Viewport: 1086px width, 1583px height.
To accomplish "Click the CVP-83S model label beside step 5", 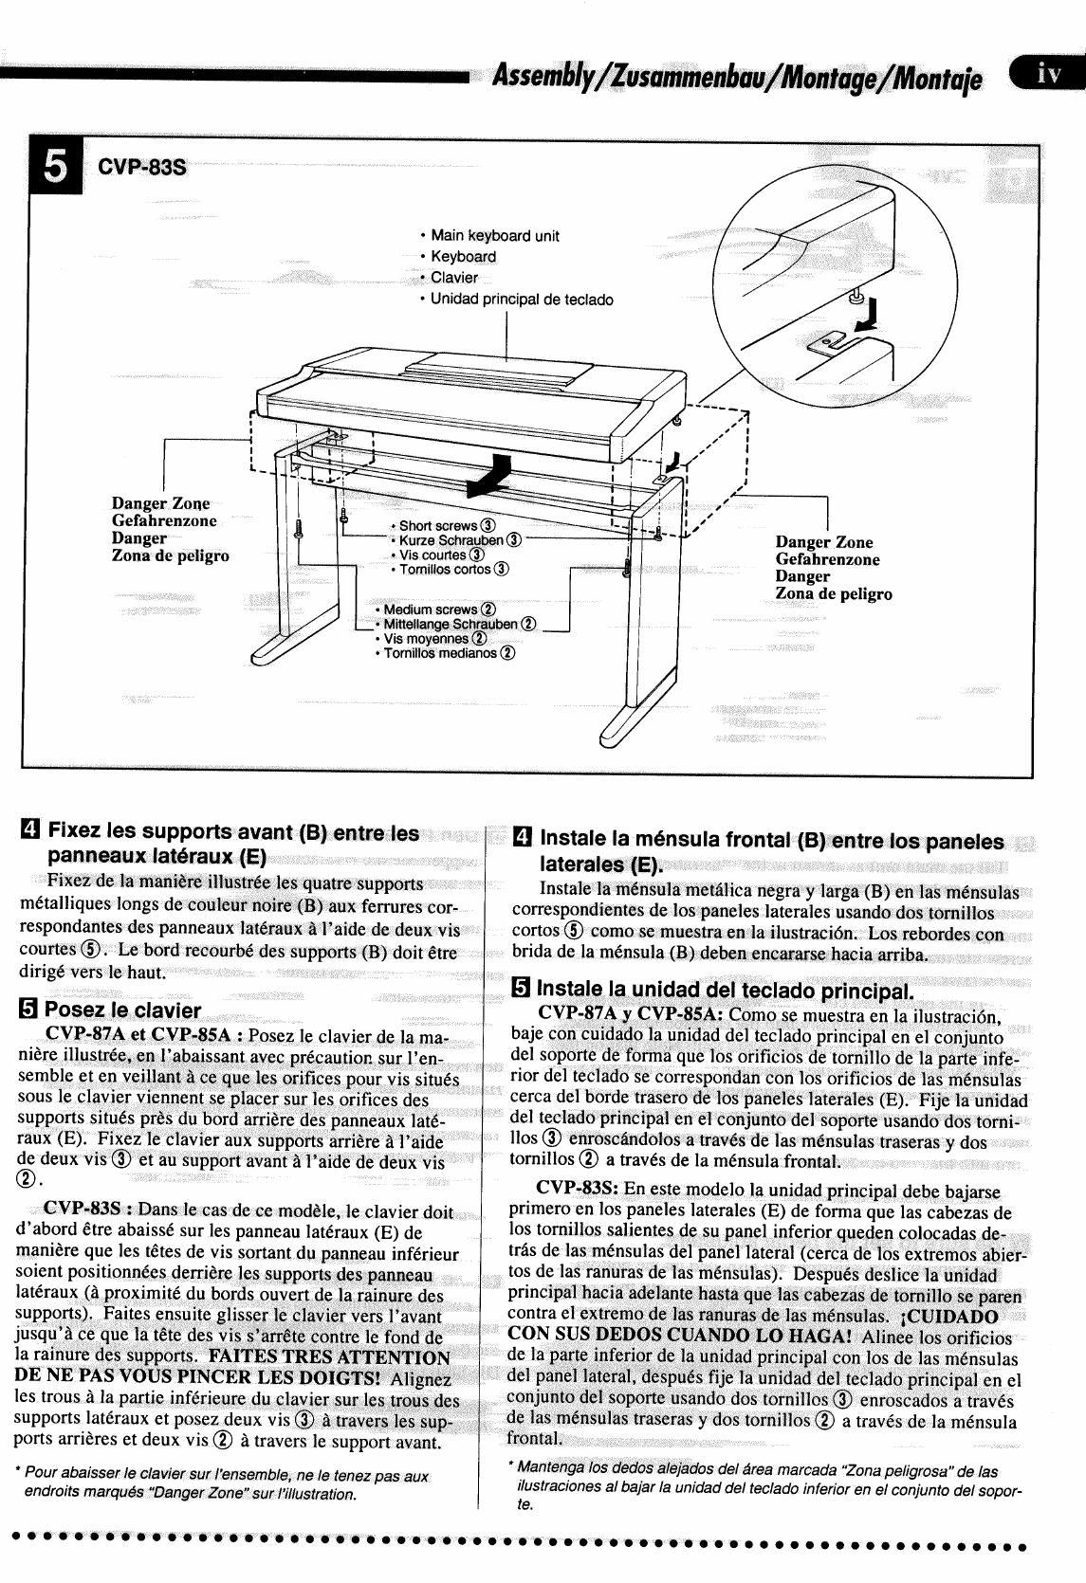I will [142, 169].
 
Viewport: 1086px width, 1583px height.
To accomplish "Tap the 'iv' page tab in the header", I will [1047, 73].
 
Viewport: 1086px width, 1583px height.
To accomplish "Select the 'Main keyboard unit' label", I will [494, 235].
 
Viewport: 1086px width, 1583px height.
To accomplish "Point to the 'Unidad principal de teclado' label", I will [522, 300].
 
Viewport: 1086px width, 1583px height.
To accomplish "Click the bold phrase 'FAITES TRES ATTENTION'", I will [329, 1356].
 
